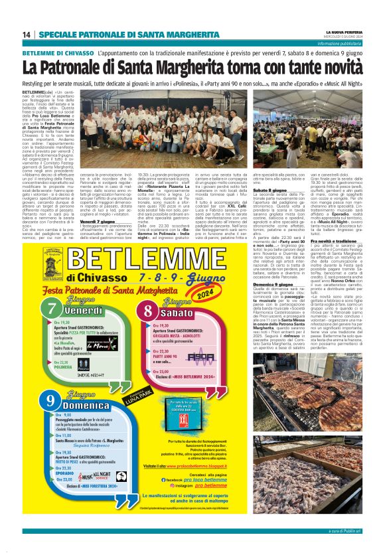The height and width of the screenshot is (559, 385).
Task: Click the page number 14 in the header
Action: coord(27,35)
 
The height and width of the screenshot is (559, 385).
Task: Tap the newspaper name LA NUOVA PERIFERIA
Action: coord(343,31)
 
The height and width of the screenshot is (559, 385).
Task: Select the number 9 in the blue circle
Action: coord(50,400)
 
